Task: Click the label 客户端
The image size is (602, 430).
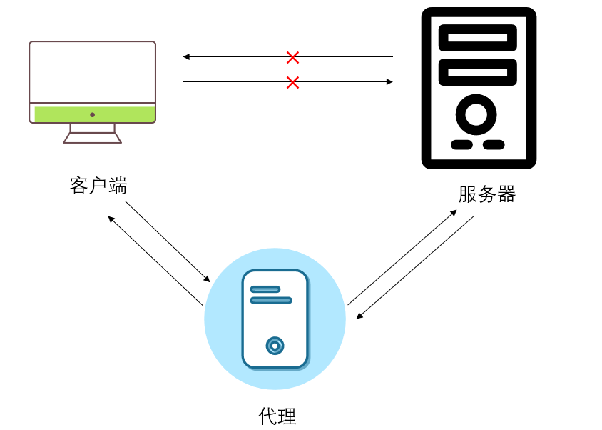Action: [x=98, y=186]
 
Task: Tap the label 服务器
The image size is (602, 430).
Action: [x=486, y=194]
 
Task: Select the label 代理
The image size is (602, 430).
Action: [x=277, y=416]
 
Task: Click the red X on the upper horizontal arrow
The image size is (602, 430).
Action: [x=292, y=57]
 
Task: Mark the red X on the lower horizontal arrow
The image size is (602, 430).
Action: [x=292, y=83]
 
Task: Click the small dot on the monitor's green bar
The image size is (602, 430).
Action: [x=93, y=114]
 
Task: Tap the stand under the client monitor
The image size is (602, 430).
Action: [x=93, y=134]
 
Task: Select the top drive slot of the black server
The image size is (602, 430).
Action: [x=478, y=38]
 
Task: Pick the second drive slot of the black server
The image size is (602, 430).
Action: [x=478, y=72]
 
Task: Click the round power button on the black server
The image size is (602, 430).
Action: [x=476, y=114]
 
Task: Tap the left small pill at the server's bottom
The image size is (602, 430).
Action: [x=461, y=145]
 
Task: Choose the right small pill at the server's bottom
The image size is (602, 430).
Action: [x=494, y=145]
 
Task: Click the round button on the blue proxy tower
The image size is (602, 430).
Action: [x=275, y=346]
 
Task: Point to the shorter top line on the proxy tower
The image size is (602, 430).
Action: [x=265, y=289]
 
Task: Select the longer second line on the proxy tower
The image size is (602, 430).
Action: [x=271, y=301]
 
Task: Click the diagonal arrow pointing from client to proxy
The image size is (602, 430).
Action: [x=168, y=241]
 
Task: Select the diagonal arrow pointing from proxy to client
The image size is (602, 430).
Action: [x=155, y=260]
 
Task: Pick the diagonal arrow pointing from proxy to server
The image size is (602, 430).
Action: [x=402, y=257]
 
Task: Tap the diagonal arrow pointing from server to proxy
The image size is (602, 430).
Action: [x=415, y=267]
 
